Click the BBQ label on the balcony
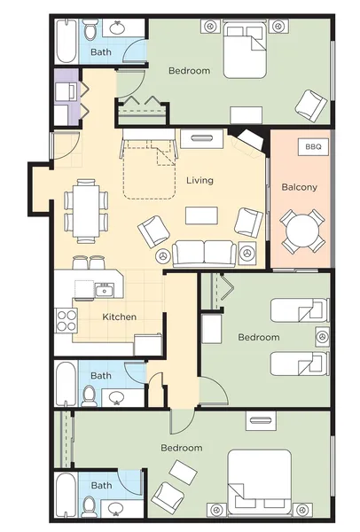click(313, 147)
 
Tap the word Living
click(200, 180)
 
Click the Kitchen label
click(120, 317)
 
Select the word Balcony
click(300, 187)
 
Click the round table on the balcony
click(302, 231)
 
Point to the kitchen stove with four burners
click(67, 321)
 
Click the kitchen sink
click(105, 291)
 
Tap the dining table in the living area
click(86, 211)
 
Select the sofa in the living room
click(204, 254)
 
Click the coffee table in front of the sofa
click(201, 215)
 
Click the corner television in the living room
click(251, 139)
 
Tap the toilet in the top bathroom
click(90, 30)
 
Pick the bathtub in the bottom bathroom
click(66, 496)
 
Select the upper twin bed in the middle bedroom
click(300, 310)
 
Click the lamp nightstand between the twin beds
click(323, 337)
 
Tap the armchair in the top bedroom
click(311, 106)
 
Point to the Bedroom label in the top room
click(190, 71)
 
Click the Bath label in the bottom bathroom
click(101, 486)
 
